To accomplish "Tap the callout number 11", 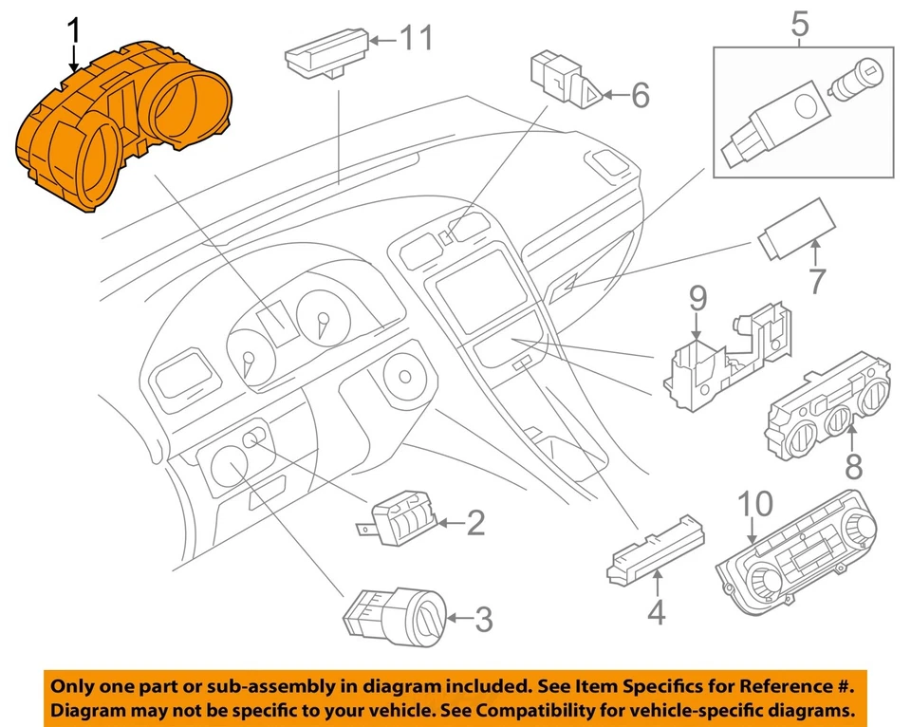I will pos(415,39).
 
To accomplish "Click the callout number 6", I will pos(639,95).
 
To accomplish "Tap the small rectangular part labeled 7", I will pos(795,230).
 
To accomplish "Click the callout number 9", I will pos(697,301).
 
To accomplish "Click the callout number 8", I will pos(853,466).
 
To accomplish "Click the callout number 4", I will pos(656,614).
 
